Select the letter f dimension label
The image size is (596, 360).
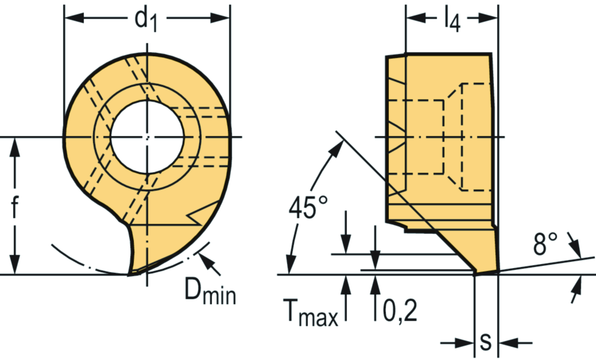(x=15, y=207)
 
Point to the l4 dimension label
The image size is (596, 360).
(x=451, y=20)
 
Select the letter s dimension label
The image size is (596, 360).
(x=485, y=343)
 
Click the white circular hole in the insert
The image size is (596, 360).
(x=147, y=137)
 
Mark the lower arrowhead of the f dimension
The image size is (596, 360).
(x=15, y=266)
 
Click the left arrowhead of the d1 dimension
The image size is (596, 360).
(x=71, y=18)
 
